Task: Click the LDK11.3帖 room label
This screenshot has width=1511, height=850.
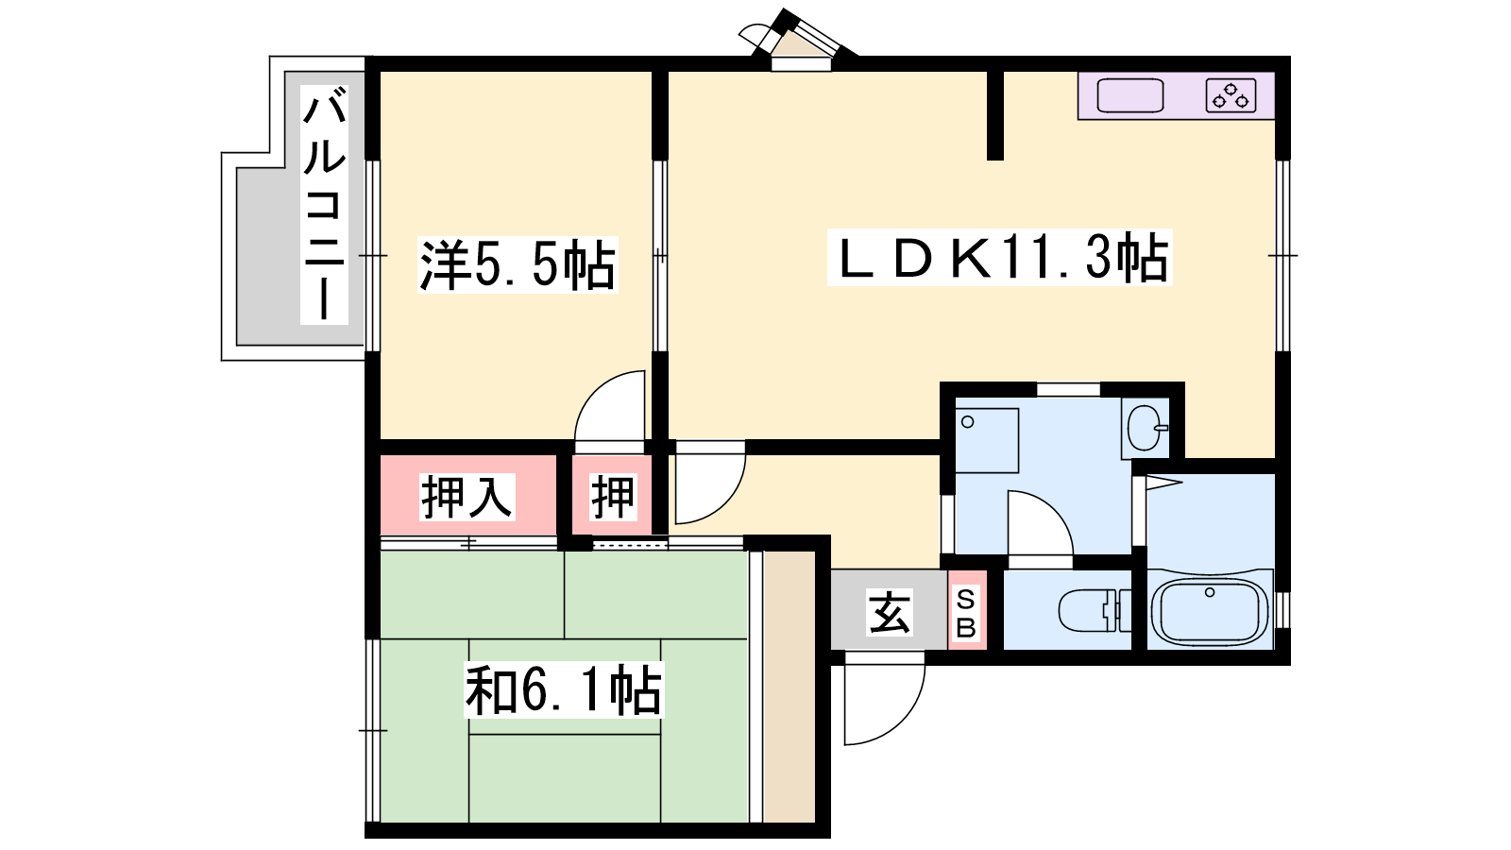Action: [x=1000, y=257]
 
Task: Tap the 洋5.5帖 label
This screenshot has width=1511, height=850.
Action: [x=518, y=264]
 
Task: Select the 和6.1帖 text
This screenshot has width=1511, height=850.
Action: [x=564, y=690]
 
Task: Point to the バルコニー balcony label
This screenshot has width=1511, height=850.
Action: [x=325, y=204]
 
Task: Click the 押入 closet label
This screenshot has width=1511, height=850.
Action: [x=467, y=497]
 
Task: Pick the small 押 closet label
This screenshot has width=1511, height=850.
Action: [x=613, y=497]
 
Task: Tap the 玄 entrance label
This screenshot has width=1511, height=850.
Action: [x=890, y=613]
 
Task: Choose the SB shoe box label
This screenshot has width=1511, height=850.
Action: [x=966, y=613]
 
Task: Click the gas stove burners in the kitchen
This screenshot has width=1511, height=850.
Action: [x=1231, y=95]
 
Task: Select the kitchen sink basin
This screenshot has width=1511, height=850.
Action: [x=1130, y=95]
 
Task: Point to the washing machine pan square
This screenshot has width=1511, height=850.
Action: [x=987, y=440]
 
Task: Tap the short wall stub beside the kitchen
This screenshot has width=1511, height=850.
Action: [x=995, y=115]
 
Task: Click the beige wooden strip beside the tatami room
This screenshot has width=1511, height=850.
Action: [x=789, y=687]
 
